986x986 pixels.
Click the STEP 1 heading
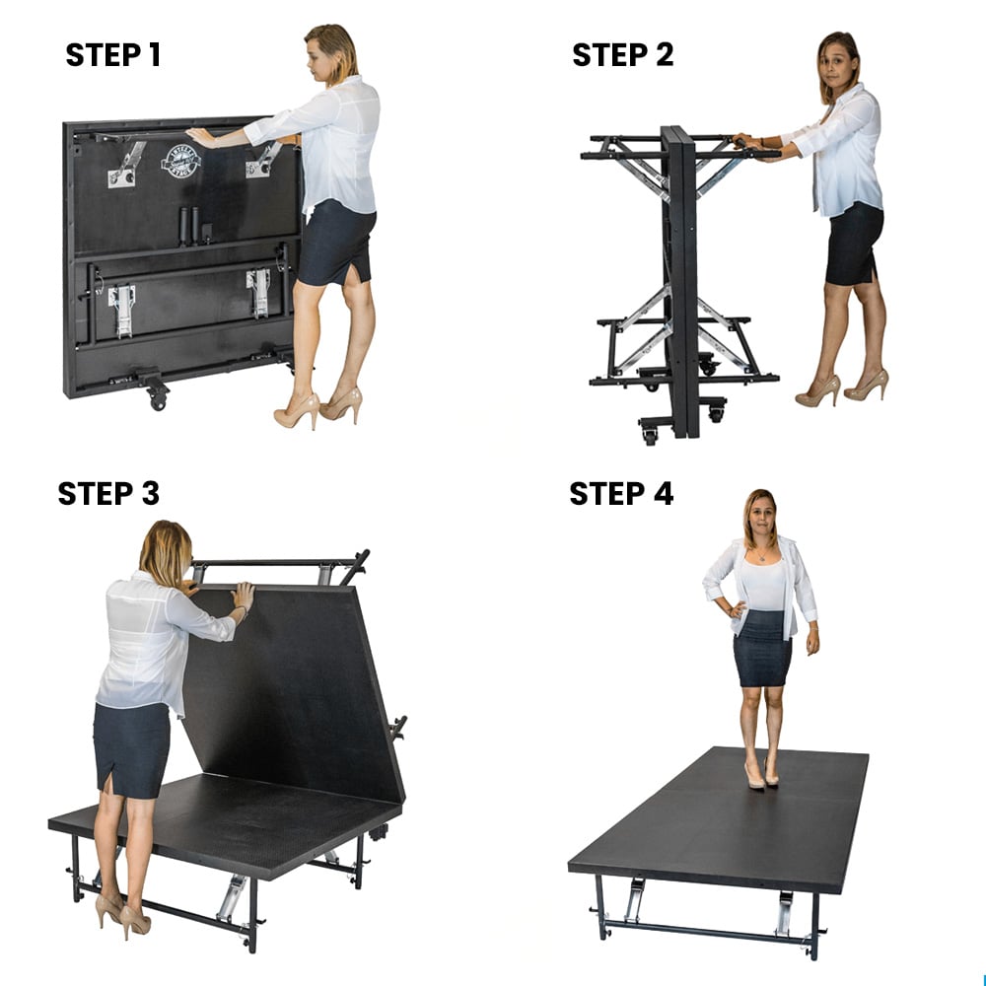click(x=112, y=55)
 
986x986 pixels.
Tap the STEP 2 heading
click(x=622, y=55)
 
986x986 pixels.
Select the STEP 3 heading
click(x=108, y=493)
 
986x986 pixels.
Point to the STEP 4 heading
click(x=621, y=493)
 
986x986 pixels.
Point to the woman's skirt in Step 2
click(x=854, y=243)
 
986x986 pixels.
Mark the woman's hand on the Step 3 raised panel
click(x=242, y=595)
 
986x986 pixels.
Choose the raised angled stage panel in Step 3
click(x=296, y=690)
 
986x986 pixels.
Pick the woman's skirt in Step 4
click(x=761, y=647)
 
